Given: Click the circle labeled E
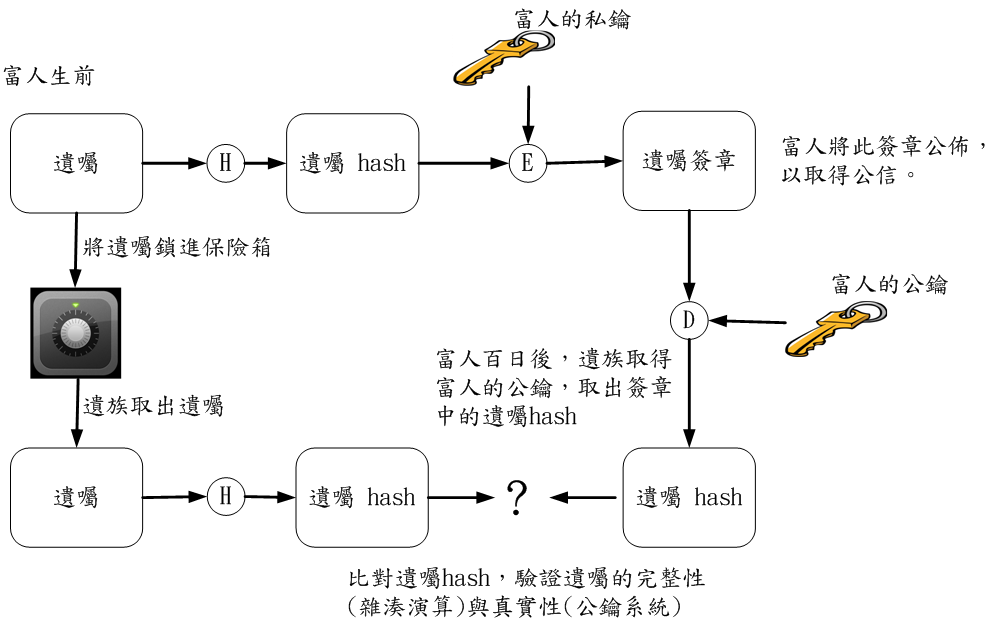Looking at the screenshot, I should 528,163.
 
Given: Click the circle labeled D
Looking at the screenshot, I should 689,321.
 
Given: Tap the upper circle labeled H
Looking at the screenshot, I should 226,162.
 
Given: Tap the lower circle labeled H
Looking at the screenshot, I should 226,496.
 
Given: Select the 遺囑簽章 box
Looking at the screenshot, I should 689,161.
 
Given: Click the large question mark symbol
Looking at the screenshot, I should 516,497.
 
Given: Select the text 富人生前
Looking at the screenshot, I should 49,76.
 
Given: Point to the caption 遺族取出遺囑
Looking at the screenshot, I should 153,406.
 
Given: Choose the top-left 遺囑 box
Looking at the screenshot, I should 76,163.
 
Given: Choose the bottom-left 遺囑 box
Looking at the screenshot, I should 76,497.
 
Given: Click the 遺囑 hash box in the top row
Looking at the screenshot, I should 352,163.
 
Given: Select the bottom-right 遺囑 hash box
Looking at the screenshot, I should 689,497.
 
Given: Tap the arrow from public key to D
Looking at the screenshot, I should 749,322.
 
